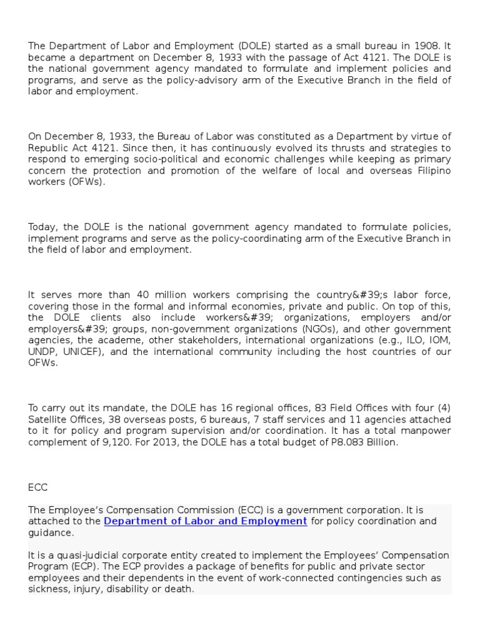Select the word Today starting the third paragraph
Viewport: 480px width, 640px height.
(x=42, y=227)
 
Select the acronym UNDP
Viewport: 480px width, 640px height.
(x=41, y=351)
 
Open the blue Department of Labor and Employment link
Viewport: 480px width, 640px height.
(x=206, y=521)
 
